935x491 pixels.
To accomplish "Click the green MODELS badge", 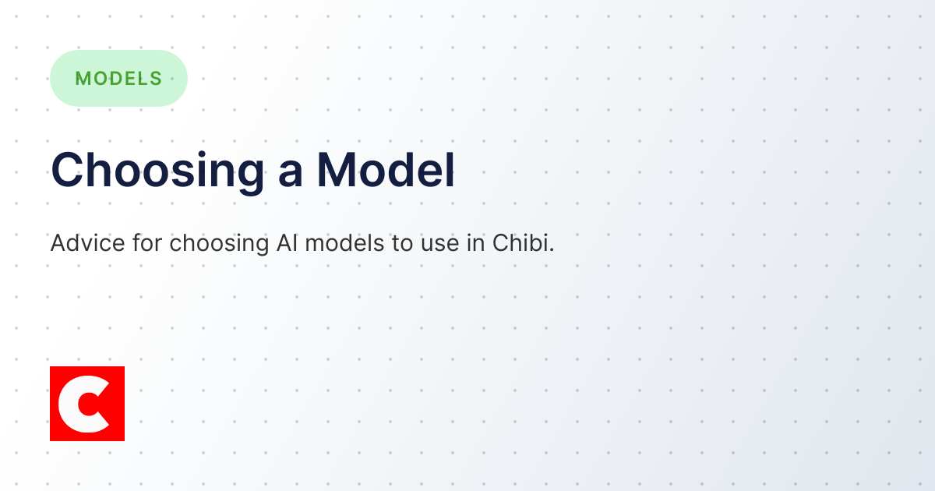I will coord(118,78).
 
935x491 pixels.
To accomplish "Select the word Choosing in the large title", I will coord(157,171).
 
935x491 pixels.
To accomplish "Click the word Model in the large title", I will coord(386,170).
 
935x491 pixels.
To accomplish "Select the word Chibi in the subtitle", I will coord(520,243).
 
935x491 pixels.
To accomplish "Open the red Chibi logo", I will coord(87,404).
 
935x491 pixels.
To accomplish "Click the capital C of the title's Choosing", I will coord(68,170).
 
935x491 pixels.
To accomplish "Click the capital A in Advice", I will coord(58,243).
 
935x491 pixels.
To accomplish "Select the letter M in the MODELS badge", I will coord(82,78).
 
